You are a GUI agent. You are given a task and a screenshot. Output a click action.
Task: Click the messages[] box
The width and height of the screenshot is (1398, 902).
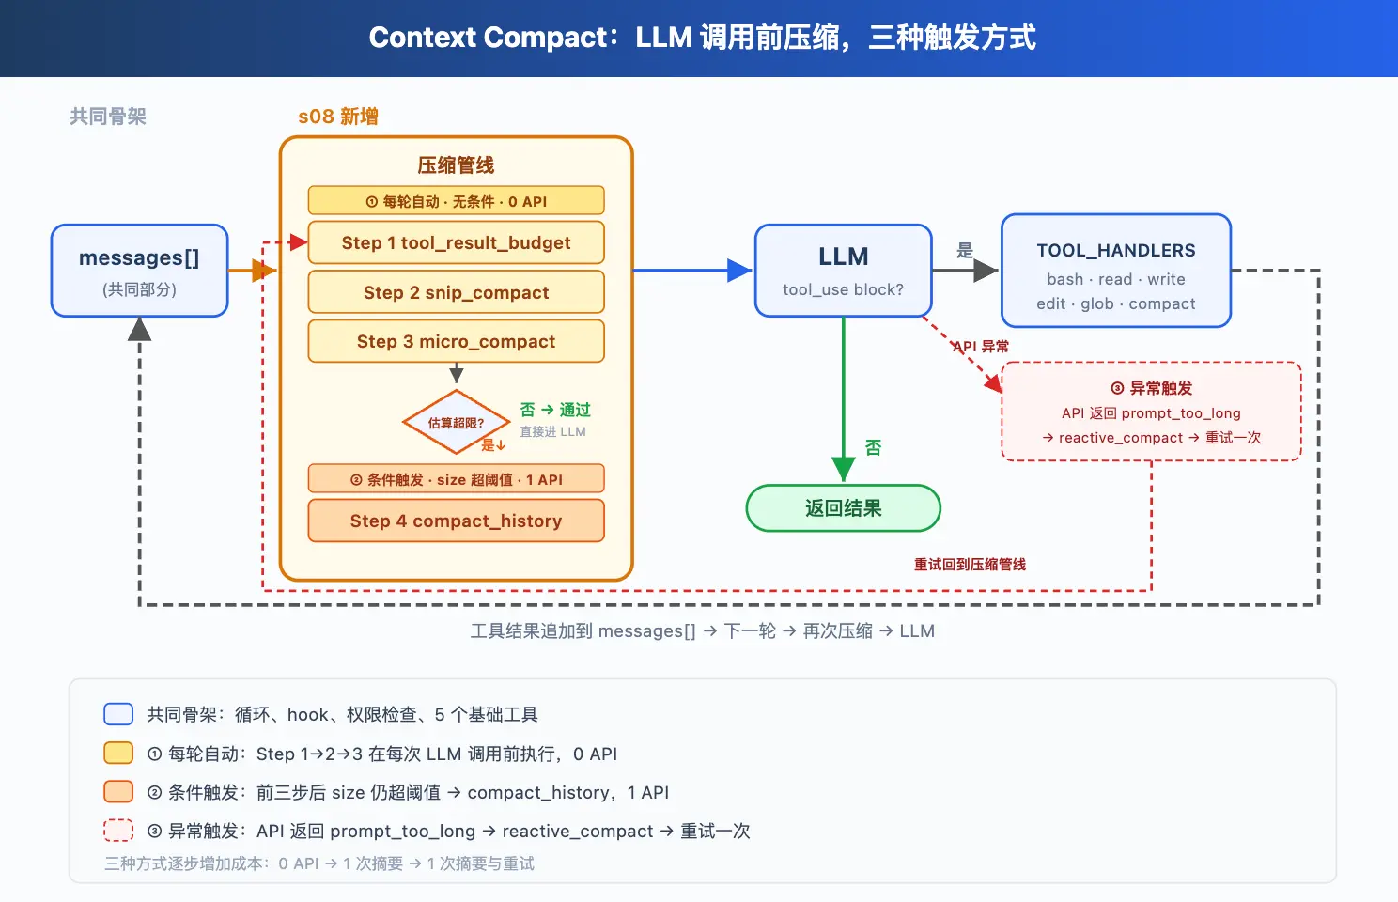[x=139, y=271]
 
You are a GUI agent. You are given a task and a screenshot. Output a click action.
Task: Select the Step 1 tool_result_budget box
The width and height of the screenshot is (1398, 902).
[x=457, y=242]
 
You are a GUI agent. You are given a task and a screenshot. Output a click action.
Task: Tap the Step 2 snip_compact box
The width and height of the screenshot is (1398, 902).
[x=457, y=291]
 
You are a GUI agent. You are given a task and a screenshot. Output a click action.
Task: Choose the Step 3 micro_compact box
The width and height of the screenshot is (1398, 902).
[x=457, y=341]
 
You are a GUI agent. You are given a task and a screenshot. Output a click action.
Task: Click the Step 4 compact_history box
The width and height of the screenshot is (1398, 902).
[x=457, y=520]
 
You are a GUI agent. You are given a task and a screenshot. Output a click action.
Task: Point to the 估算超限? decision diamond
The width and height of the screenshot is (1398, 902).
[x=457, y=422]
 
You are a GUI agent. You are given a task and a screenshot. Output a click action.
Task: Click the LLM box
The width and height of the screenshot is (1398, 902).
[x=843, y=271]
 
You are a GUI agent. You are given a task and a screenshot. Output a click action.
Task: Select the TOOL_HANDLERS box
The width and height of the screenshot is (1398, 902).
[x=1116, y=271]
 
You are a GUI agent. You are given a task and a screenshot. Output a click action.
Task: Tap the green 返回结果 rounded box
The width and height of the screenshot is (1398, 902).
[x=843, y=508]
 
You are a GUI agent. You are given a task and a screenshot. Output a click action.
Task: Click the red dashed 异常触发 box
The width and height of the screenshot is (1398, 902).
[x=1152, y=412]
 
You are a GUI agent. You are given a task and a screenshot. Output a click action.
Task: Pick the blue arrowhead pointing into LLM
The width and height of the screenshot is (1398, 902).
[x=740, y=271]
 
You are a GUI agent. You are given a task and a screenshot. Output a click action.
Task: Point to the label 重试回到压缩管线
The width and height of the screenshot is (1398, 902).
[x=970, y=565]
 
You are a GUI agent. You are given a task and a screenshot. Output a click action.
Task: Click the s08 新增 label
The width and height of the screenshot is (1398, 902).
[x=338, y=117]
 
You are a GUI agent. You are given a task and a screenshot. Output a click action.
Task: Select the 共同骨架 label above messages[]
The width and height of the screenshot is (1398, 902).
[x=108, y=117]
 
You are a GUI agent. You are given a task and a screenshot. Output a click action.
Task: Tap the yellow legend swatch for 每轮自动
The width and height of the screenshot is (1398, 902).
[x=118, y=753]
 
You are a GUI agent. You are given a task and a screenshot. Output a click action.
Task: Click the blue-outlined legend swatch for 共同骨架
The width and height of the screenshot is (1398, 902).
[x=118, y=714]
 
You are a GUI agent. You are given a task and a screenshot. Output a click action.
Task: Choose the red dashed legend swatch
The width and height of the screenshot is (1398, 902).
[x=118, y=831]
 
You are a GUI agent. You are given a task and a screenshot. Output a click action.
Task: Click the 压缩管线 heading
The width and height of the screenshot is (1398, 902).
[x=457, y=165]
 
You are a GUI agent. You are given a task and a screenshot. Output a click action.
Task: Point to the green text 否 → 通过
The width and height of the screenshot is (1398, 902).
[x=555, y=410]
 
